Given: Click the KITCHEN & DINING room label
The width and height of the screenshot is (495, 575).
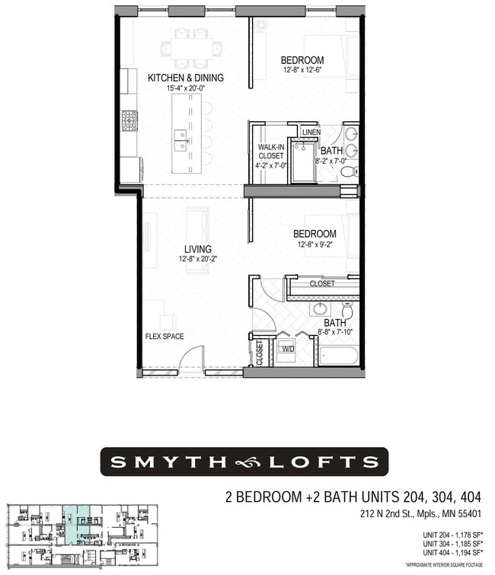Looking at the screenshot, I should [185, 78].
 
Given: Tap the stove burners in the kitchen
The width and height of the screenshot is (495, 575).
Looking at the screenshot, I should [129, 120].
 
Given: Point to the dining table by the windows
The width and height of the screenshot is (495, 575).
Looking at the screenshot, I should [190, 50].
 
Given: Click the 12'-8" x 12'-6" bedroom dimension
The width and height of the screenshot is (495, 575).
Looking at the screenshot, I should [302, 71].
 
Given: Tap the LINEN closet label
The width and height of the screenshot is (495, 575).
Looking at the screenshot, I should [311, 133].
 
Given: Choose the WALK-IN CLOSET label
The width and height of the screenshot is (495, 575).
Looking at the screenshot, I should [270, 151].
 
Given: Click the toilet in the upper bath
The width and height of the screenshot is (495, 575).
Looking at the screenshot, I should [348, 171].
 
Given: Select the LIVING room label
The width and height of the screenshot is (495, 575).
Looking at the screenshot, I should [197, 249].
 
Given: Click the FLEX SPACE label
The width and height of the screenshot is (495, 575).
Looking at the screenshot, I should [164, 336].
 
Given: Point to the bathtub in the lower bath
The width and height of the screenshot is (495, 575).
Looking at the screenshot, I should [338, 356].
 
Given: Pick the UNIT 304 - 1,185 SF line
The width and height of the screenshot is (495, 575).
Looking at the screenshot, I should [452, 545].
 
